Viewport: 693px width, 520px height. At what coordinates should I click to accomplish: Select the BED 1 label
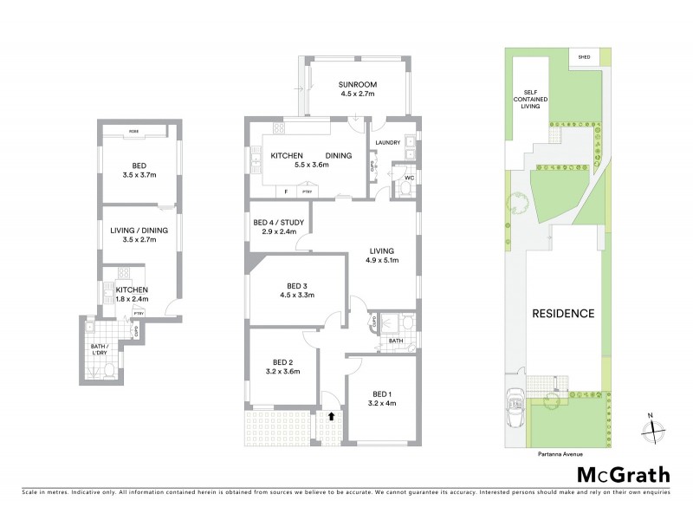(x=382, y=393)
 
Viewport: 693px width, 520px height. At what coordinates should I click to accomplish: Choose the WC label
(x=409, y=179)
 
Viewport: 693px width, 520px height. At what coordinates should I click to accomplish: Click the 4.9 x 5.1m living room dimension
(x=382, y=260)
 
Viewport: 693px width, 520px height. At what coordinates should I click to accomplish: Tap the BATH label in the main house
(x=396, y=341)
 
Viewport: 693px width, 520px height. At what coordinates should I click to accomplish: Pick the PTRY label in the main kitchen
(x=306, y=191)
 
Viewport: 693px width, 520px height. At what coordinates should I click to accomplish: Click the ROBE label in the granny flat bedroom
(x=133, y=132)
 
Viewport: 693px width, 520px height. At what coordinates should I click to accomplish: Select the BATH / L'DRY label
(x=102, y=351)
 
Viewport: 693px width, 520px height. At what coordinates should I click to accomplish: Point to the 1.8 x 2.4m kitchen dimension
(x=133, y=300)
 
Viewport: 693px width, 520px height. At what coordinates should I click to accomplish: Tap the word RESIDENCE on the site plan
(x=562, y=314)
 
